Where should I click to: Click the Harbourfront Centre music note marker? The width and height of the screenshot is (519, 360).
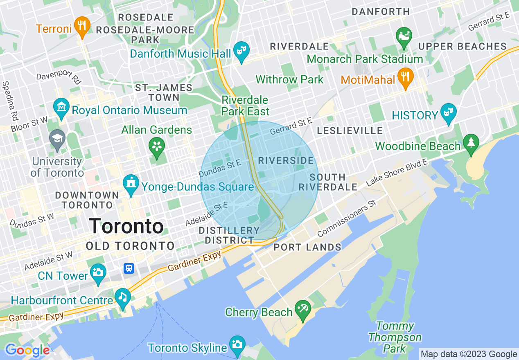point(123,297)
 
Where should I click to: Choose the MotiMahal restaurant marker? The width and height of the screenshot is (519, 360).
point(406,77)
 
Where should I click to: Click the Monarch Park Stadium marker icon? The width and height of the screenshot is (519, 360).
point(404,36)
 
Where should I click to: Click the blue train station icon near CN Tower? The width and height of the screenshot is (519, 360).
point(129,268)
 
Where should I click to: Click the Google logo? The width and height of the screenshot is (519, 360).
point(27,350)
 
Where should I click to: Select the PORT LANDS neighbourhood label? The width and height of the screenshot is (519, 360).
point(307,247)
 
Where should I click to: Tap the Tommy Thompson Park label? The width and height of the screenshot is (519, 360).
point(395,337)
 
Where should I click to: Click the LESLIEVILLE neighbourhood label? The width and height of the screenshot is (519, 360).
point(350,131)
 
